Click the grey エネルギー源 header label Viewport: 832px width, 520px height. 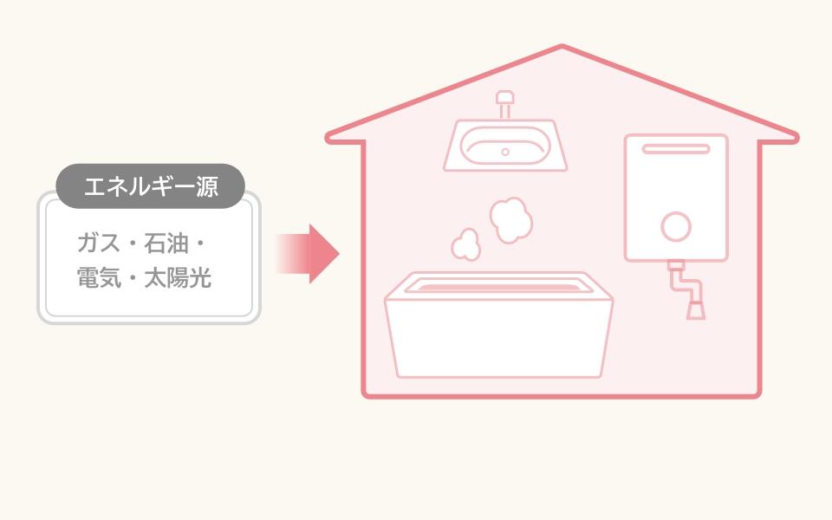pyautogui.click(x=150, y=186)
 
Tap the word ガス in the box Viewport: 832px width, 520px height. pyautogui.click(x=99, y=244)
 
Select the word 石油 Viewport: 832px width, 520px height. pyautogui.click(x=166, y=244)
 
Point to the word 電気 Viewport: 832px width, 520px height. pyautogui.click(x=99, y=277)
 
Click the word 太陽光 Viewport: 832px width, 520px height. pyautogui.click(x=179, y=277)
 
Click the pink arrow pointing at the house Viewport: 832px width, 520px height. pyautogui.click(x=308, y=254)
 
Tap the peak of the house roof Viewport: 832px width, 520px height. pyautogui.click(x=562, y=47)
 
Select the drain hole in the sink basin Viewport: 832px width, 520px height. pyautogui.click(x=505, y=153)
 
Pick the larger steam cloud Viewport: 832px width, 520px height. pyautogui.click(x=511, y=220)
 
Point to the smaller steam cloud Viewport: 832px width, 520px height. pyautogui.click(x=466, y=245)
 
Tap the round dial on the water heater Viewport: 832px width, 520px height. pyautogui.click(x=676, y=226)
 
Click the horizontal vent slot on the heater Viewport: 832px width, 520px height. pyautogui.click(x=676, y=149)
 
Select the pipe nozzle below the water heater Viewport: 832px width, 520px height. pyautogui.click(x=696, y=310)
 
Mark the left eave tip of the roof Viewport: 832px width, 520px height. pyautogui.click(x=328, y=138)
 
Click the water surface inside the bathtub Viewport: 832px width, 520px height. pyautogui.click(x=499, y=288)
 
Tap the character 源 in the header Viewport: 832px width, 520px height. pyautogui.click(x=207, y=187)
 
